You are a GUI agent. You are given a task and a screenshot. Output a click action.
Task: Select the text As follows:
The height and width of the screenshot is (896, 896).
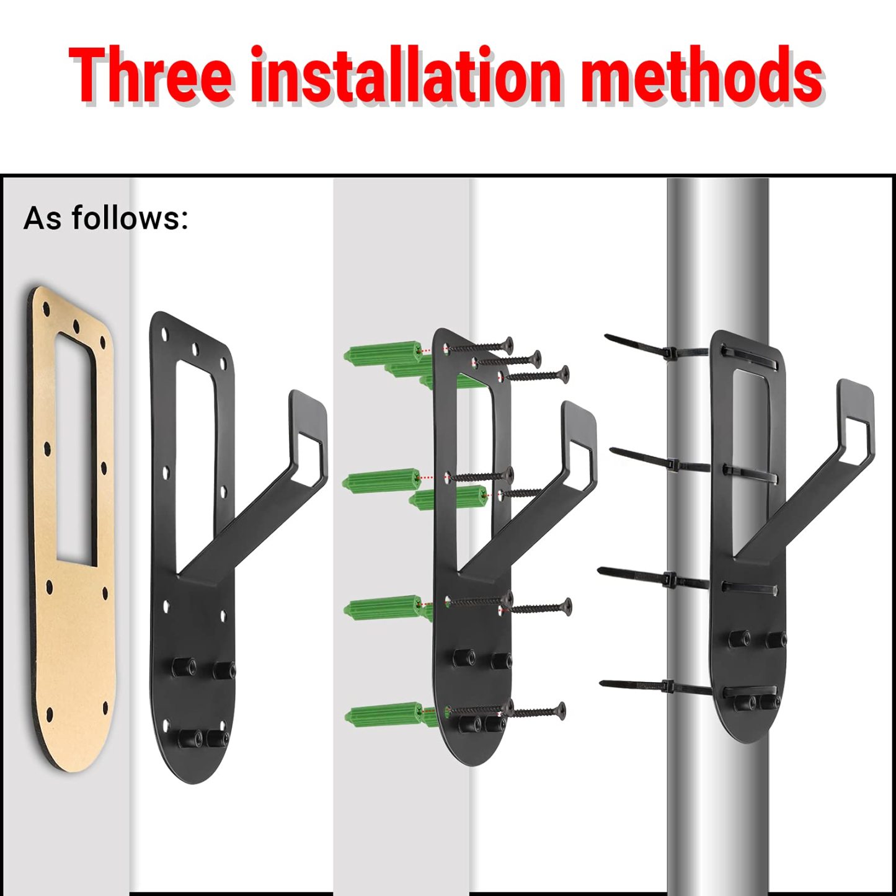105,218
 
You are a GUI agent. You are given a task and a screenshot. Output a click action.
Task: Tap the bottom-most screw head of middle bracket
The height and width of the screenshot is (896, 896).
560,711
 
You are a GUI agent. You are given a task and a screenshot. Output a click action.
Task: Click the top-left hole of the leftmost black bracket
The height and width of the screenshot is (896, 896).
164,333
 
